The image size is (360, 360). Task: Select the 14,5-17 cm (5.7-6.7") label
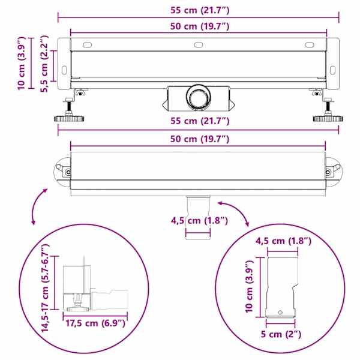coord(45,288)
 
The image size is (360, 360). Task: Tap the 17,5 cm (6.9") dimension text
coord(95,323)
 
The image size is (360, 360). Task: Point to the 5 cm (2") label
coord(281,334)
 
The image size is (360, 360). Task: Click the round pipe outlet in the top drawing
coord(198,97)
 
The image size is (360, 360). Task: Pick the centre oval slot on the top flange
coord(199,45)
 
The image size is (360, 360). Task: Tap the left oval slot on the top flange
coord(87,45)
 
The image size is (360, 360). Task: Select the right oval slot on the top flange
coord(310,45)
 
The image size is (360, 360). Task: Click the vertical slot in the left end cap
coord(64,70)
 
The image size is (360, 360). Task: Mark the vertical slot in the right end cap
coord(332,70)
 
